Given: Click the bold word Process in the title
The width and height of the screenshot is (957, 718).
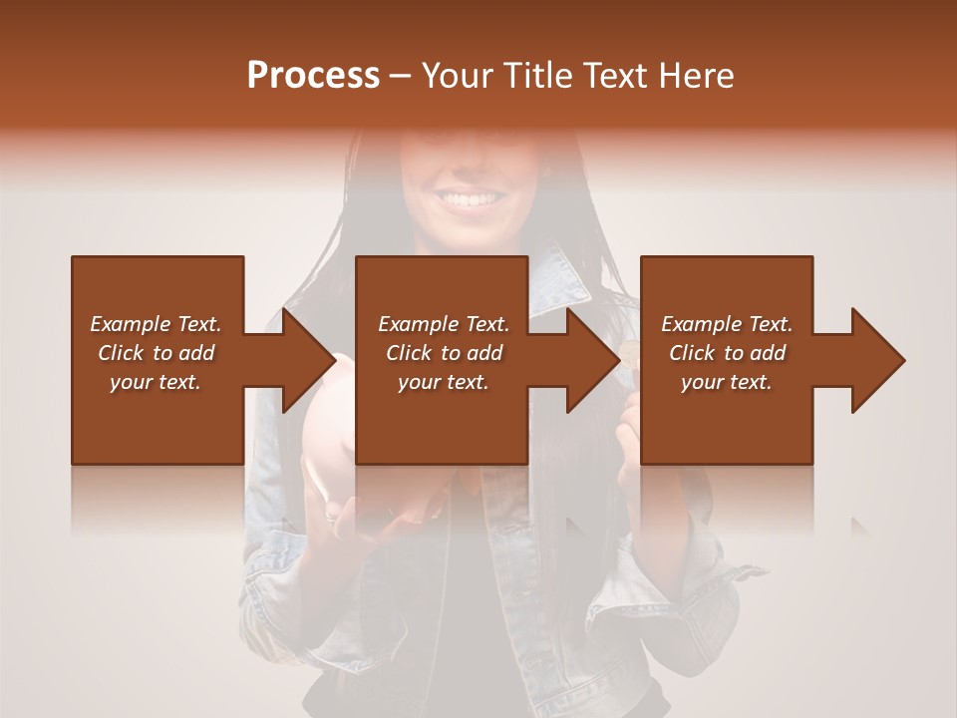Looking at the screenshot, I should point(313,76).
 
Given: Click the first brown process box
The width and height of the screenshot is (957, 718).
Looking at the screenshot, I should point(158,419).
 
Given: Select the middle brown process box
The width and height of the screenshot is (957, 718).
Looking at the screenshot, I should point(442,419).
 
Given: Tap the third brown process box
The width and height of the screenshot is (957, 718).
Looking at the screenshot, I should point(726,419).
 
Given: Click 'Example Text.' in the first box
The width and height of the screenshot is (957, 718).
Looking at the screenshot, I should point(156,324).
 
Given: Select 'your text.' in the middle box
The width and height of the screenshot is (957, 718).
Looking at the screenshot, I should point(443,382).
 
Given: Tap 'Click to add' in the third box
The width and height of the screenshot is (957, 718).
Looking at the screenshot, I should point(727,353).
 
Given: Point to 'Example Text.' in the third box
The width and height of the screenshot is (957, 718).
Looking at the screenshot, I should point(727,324).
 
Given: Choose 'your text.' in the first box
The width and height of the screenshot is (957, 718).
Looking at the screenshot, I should point(156,382).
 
